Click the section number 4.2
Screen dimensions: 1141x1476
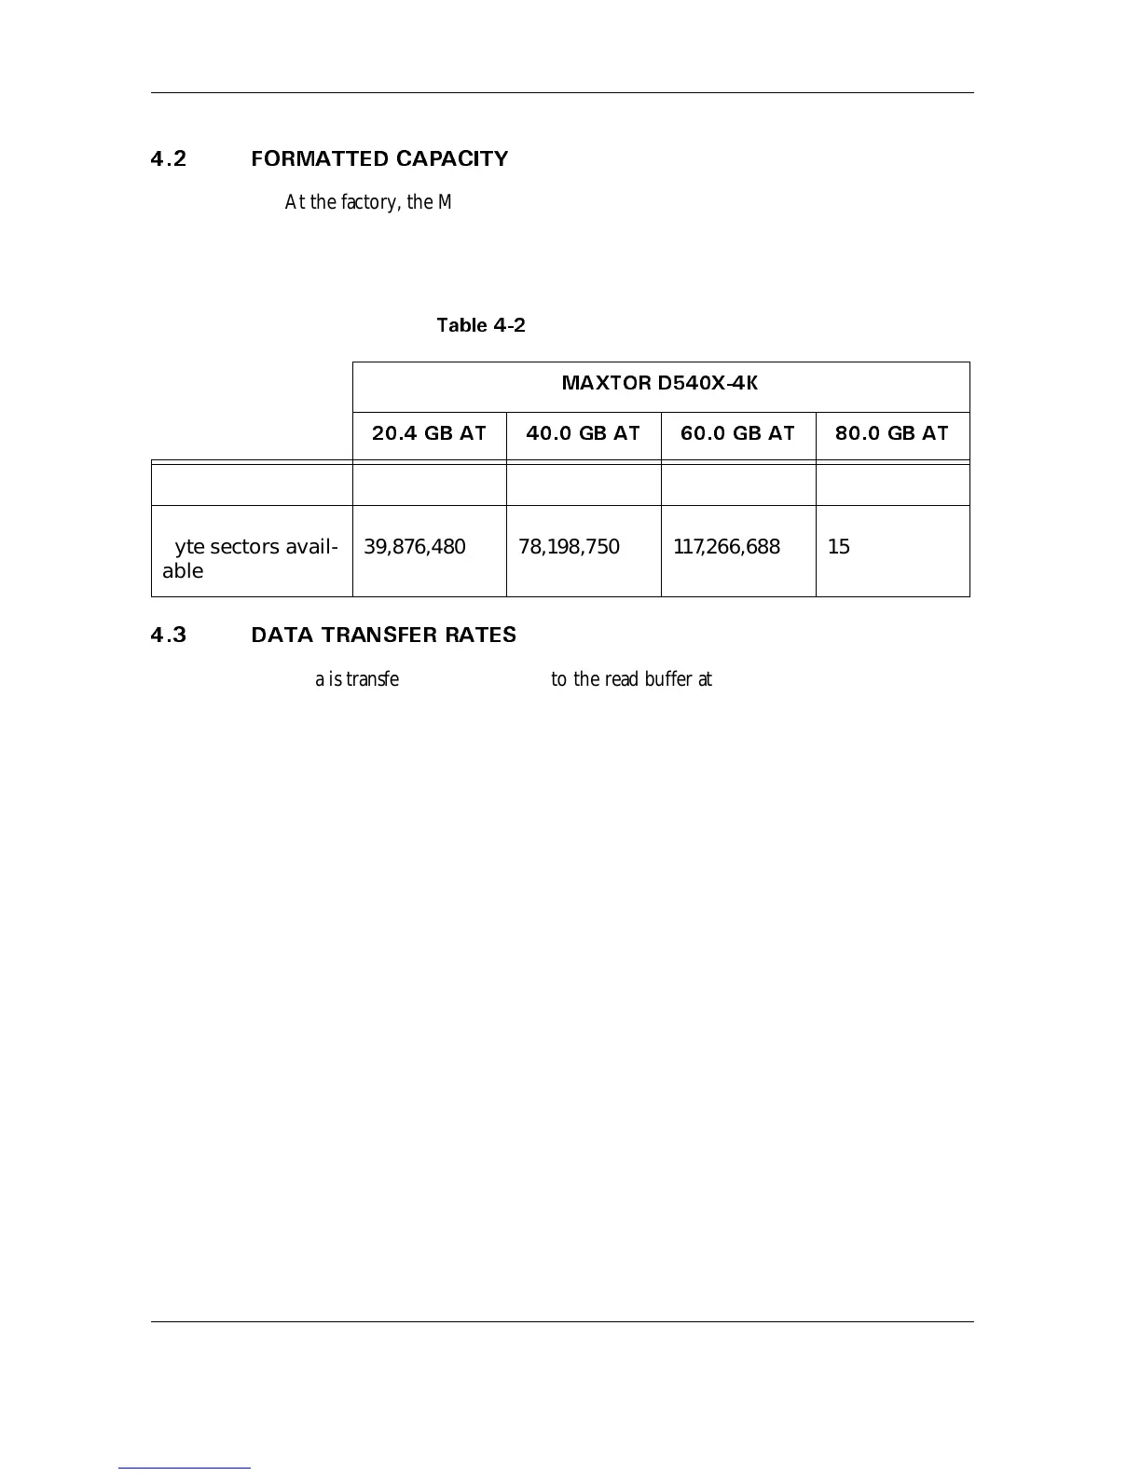(x=169, y=159)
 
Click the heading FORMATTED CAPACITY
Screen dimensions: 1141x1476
(x=379, y=159)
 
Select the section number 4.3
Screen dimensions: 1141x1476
(x=169, y=635)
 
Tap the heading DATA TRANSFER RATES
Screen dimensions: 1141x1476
(x=383, y=635)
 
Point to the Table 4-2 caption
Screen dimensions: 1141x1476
(x=481, y=325)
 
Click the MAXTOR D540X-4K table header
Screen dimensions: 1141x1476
(x=660, y=383)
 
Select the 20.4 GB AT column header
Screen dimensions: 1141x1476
(x=429, y=433)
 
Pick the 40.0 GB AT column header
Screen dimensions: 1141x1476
(x=583, y=433)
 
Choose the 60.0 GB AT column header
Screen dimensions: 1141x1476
(x=737, y=433)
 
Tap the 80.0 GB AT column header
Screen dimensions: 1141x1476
(x=891, y=433)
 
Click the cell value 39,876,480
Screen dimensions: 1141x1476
(x=414, y=547)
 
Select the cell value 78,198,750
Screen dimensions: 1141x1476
(x=569, y=547)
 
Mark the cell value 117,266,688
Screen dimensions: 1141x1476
(x=726, y=547)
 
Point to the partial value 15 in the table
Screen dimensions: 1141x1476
(x=839, y=547)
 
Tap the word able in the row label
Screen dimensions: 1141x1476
(x=183, y=571)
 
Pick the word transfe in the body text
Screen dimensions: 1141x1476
(x=372, y=679)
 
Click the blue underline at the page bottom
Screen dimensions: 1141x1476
(x=185, y=1469)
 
